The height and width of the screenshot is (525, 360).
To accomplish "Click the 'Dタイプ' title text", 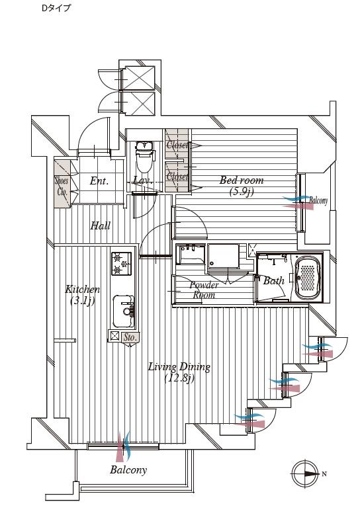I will tap(56, 9).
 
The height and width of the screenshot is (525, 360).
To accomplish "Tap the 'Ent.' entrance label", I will tap(99, 181).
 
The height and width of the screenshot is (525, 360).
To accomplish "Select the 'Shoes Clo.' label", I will tap(62, 187).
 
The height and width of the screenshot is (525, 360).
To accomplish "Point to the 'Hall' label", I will tap(100, 226).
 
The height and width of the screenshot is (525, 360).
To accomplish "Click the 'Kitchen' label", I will tap(83, 290).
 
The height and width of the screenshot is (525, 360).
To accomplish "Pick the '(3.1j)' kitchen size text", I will tap(83, 301).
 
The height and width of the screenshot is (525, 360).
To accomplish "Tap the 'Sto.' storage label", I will tap(130, 337).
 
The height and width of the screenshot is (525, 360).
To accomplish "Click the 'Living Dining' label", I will tap(179, 367).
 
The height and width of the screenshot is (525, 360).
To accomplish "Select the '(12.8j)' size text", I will tap(179, 379).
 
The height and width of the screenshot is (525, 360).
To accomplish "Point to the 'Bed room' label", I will tap(242, 181).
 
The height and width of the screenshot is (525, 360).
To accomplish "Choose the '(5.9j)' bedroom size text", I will tap(242, 192).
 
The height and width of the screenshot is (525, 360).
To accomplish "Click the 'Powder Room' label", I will tap(204, 290).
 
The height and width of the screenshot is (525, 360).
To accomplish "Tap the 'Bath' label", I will tap(273, 281).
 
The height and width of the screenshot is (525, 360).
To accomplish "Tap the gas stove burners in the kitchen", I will tap(120, 264).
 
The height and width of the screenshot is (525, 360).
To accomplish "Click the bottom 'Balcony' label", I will tap(128, 470).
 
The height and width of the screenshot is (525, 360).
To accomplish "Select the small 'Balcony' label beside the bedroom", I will tap(318, 201).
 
